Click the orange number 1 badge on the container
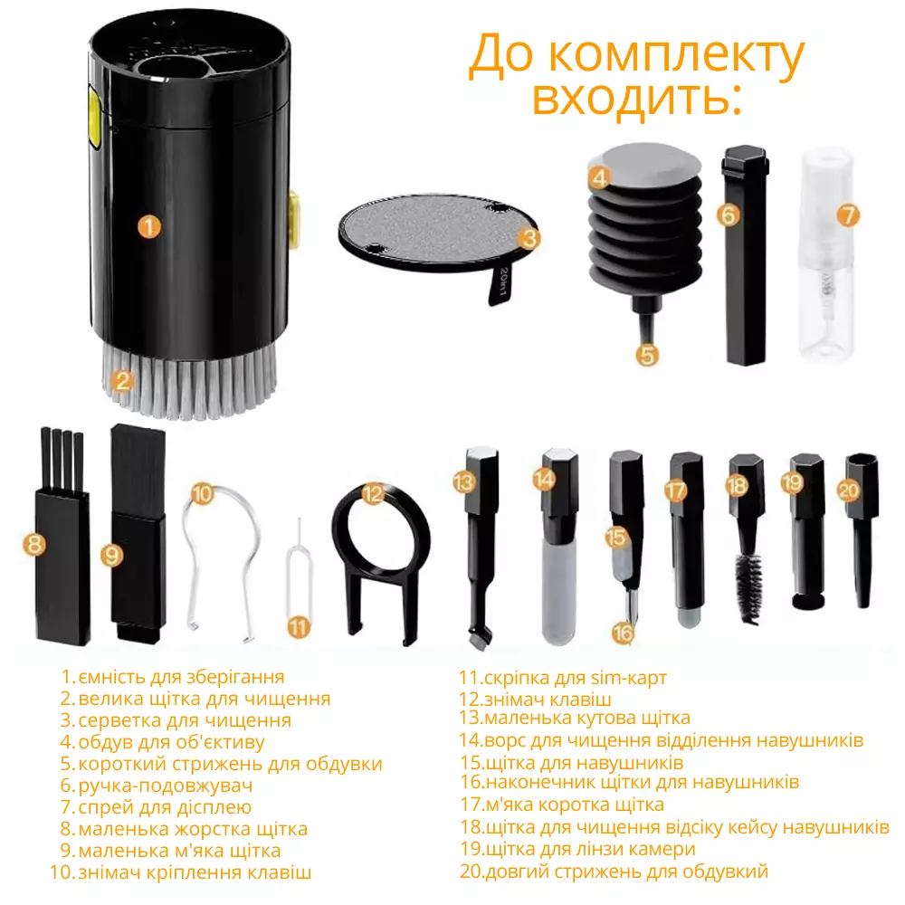149,226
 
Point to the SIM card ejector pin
299,577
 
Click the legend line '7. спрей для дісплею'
156,806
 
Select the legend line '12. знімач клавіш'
535,699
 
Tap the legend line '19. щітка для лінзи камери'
577,849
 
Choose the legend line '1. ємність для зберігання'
173,676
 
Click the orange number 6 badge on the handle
729,214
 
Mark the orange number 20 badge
849,491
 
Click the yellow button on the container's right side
293,216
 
